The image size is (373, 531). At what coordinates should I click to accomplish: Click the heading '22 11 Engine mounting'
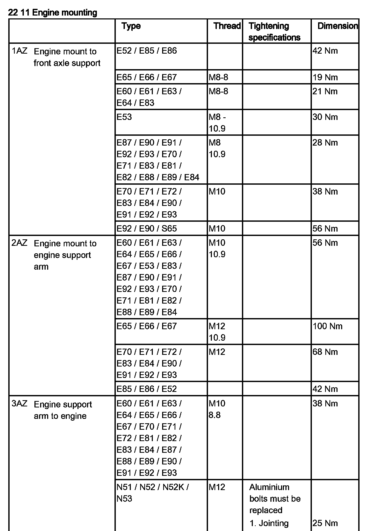pyautogui.click(x=53, y=12)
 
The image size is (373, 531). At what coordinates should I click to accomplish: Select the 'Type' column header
pyautogui.click(x=131, y=26)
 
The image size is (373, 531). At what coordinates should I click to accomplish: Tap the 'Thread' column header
pyautogui.click(x=227, y=26)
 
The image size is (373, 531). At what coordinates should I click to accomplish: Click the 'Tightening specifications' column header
pyautogui.click(x=274, y=32)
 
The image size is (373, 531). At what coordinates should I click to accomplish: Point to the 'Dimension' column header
pyautogui.click(x=338, y=26)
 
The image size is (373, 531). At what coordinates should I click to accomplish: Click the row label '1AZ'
pyautogui.click(x=19, y=51)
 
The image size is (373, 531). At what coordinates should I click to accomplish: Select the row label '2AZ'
pyautogui.click(x=19, y=243)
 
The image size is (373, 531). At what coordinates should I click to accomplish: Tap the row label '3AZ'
pyautogui.click(x=19, y=404)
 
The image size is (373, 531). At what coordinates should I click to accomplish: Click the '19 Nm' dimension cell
pyautogui.click(x=325, y=77)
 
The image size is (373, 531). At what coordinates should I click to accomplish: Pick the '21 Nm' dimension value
pyautogui.click(x=325, y=91)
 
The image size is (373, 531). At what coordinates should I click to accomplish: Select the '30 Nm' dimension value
pyautogui.click(x=325, y=117)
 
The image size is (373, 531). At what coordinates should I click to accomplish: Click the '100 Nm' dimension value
pyautogui.click(x=327, y=326)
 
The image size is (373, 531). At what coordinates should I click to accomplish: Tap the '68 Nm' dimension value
pyautogui.click(x=325, y=352)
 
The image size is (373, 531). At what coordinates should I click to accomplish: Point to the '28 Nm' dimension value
pyautogui.click(x=325, y=143)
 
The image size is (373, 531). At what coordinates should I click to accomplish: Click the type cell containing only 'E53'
pyautogui.click(x=124, y=117)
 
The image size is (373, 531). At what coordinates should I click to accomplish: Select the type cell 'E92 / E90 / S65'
pyautogui.click(x=147, y=228)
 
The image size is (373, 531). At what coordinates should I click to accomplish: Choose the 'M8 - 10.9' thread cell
pyautogui.click(x=217, y=123)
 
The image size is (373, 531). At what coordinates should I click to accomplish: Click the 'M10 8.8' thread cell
pyautogui.click(x=217, y=409)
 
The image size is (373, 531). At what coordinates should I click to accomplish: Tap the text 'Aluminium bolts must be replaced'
pyautogui.click(x=275, y=499)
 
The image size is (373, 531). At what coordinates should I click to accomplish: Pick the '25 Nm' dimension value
pyautogui.click(x=325, y=523)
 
